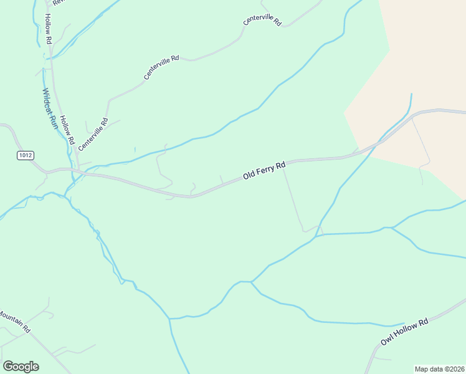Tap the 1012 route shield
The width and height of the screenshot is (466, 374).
25,155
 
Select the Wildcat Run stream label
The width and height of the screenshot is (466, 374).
50,108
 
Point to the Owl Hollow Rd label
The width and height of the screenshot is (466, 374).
405,332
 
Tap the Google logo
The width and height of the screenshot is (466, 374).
21,367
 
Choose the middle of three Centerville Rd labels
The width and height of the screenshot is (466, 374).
161,67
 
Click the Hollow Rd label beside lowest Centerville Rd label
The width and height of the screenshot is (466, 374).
69,133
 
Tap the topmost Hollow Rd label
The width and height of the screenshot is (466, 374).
48,30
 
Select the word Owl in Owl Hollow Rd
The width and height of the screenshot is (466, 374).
388,341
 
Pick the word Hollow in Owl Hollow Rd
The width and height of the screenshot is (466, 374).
406,332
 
